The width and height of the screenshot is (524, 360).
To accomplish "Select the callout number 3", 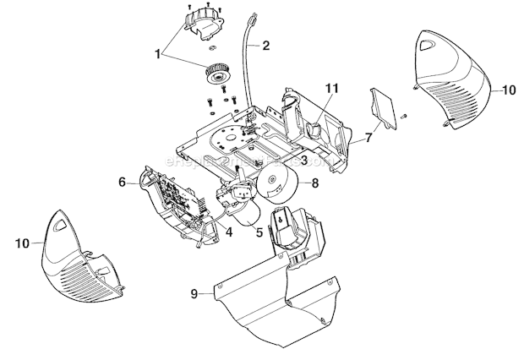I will tap(303, 160).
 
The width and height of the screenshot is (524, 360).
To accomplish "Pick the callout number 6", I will tap(122, 181).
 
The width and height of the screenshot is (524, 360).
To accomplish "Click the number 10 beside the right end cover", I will tap(508, 88).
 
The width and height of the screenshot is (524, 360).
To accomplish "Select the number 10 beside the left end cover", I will tap(24, 243).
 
